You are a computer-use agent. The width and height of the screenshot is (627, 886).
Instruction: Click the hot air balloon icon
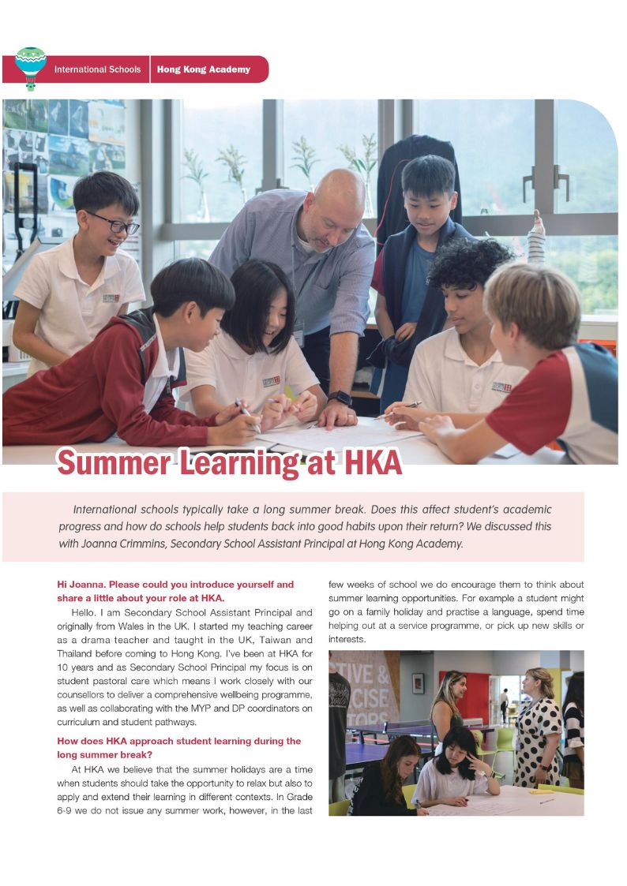pos(31,68)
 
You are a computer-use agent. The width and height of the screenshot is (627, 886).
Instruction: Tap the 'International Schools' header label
pos(97,69)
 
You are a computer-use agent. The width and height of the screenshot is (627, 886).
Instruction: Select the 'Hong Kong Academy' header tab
pos(203,69)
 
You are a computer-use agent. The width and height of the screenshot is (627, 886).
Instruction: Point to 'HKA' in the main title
pos(362,463)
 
